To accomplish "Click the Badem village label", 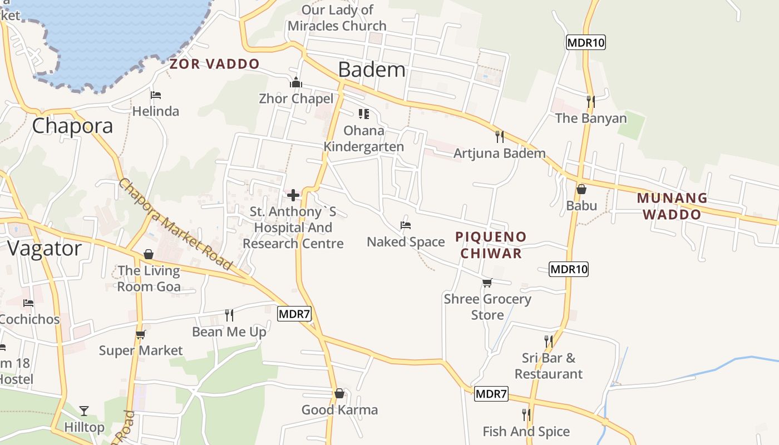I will point(372,70).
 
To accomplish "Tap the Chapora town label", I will point(72,126).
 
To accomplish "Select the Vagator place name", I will point(45,248).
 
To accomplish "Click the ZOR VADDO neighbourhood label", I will point(214,64).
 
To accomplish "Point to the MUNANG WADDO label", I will point(672,206).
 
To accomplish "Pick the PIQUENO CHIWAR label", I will point(490,245).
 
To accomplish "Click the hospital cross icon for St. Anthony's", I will point(293,195).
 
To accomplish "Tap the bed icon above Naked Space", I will point(406,225).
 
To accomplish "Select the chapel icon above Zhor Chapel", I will point(295,83).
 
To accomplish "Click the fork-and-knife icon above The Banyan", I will point(590,101).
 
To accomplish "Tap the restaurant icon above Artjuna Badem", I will point(499,136).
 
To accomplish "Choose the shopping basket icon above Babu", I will point(581,189).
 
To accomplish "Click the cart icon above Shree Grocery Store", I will point(487,283).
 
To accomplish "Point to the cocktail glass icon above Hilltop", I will point(84,411).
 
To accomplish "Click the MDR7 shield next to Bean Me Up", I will point(294,314).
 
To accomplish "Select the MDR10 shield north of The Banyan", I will point(585,42).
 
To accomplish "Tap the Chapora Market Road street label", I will point(175,224).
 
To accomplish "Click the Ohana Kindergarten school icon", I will point(364,114).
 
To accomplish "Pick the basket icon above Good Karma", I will point(339,394).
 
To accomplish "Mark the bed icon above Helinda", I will point(156,95).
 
